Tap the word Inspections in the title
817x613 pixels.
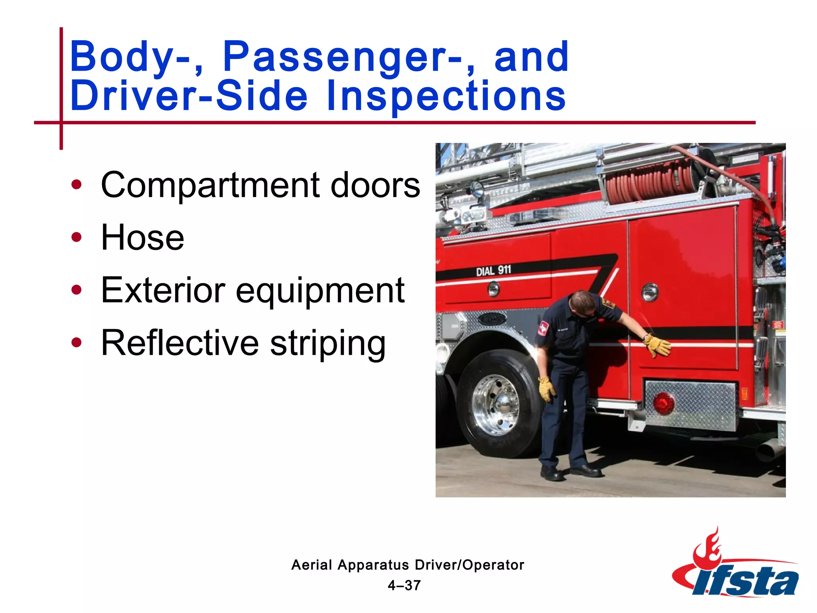(x=446, y=96)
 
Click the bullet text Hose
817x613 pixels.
(x=142, y=238)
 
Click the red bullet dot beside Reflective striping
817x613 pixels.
(x=76, y=342)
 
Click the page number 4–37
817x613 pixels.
(x=404, y=585)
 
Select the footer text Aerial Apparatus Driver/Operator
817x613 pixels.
(x=407, y=565)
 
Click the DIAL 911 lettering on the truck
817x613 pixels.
(x=493, y=271)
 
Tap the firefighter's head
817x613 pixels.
(x=583, y=303)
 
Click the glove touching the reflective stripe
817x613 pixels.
(x=657, y=344)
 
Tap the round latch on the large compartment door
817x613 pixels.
(x=649, y=292)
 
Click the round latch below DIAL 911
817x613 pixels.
(x=493, y=289)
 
